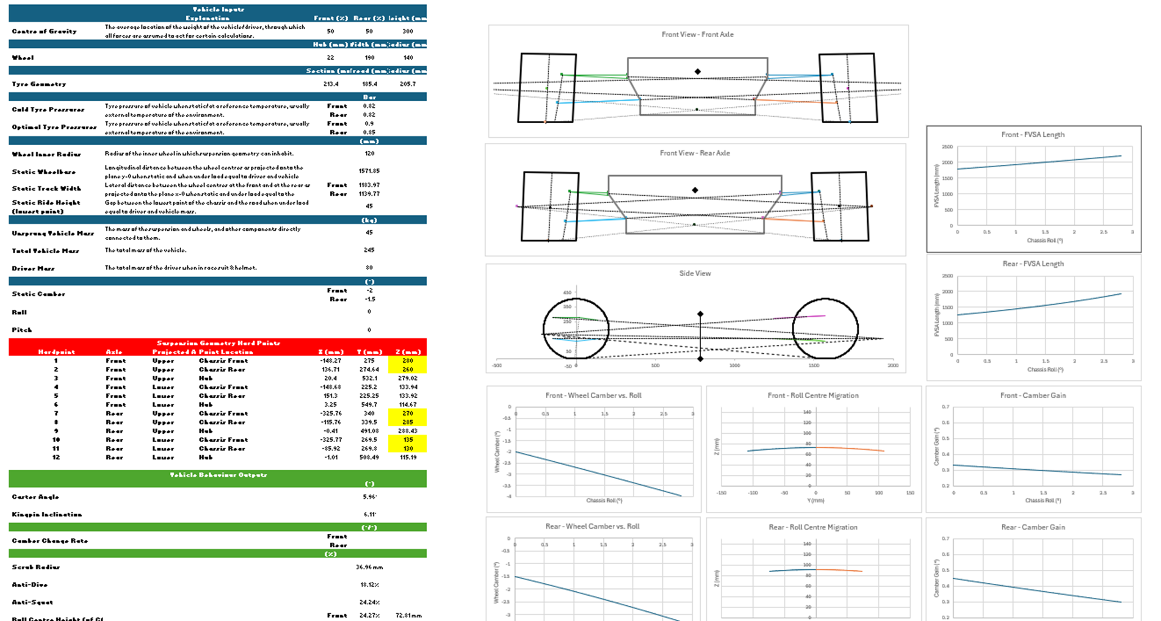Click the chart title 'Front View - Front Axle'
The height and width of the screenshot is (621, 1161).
tap(697, 34)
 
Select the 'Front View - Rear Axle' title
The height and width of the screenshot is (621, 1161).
tap(694, 153)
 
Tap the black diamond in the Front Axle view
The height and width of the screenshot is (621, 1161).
tap(697, 71)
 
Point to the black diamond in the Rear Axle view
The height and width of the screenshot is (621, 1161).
tap(695, 190)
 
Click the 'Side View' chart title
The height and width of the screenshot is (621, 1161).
tap(694, 273)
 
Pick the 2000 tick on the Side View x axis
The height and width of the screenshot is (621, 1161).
tap(893, 366)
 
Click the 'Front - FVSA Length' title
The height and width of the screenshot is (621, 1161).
tap(1033, 134)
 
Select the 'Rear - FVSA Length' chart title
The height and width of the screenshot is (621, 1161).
tap(1033, 264)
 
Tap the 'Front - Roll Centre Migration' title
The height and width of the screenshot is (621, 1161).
tap(813, 395)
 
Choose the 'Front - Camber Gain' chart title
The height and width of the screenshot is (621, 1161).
tap(1033, 395)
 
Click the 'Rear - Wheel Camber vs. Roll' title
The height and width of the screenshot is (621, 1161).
tap(592, 526)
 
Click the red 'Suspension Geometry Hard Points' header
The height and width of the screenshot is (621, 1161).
tap(218, 343)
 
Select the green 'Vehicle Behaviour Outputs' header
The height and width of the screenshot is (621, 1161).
tap(218, 475)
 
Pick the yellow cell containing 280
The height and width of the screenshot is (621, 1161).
tap(407, 361)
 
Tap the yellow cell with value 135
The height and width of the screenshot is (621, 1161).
tap(407, 440)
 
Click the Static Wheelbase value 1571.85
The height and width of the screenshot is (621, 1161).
tap(369, 171)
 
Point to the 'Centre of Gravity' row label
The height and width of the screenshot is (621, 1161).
tap(44, 31)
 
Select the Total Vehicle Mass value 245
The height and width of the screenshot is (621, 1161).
tap(369, 250)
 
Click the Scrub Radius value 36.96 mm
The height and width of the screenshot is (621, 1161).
tap(369, 567)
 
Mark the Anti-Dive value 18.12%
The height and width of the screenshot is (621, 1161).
tap(369, 584)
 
